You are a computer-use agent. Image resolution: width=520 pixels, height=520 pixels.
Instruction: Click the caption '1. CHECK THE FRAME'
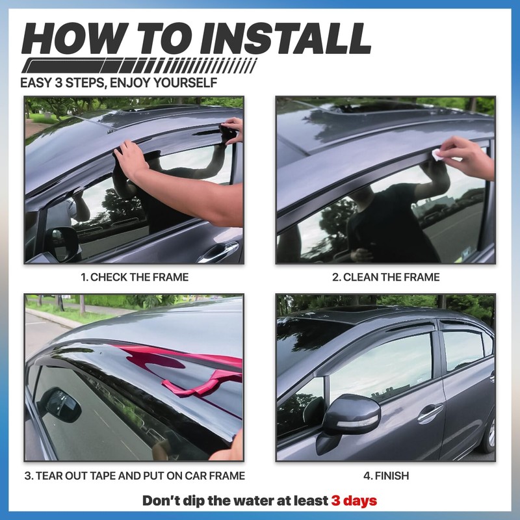coord(135,277)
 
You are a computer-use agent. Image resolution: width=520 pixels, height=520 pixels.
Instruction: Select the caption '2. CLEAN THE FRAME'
coord(386,277)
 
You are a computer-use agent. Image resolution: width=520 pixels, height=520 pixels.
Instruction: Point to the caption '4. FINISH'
coord(386,476)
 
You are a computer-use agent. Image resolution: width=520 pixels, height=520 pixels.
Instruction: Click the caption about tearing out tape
coord(135,476)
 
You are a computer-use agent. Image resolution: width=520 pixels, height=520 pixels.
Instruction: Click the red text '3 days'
coord(354,501)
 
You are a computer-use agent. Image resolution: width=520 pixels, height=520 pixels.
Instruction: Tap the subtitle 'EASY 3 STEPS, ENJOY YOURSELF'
coord(118,83)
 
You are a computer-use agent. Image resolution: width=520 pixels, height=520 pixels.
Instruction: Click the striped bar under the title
coord(140,66)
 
